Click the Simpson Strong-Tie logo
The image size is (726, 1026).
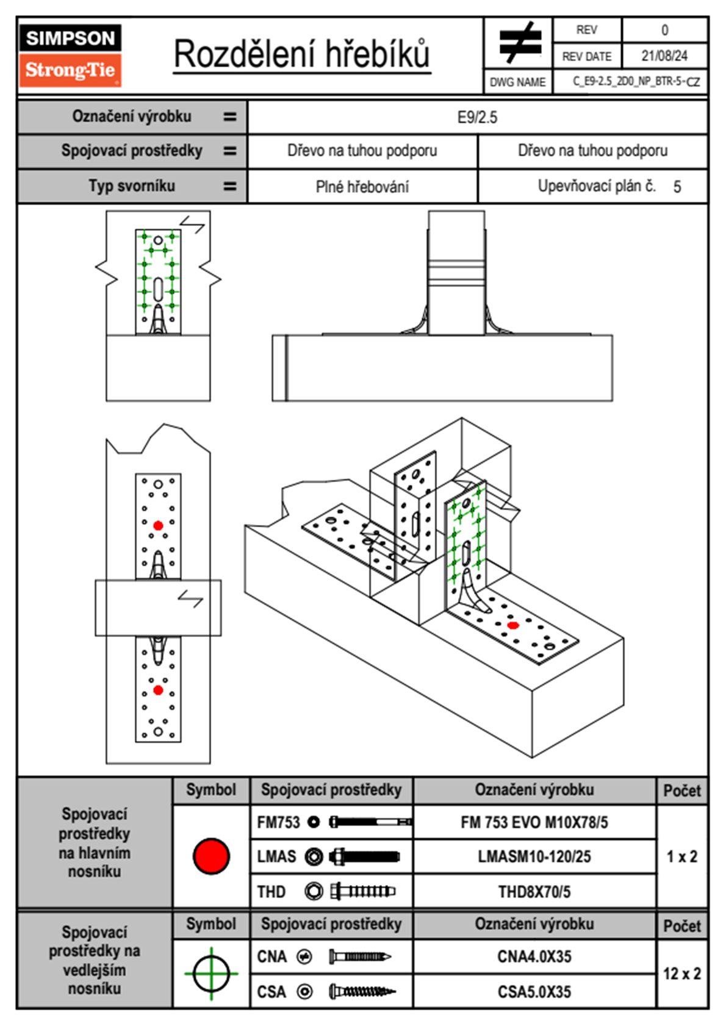[x=70, y=56]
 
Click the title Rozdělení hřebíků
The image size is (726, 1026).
[x=302, y=54]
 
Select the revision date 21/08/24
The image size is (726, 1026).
[x=664, y=56]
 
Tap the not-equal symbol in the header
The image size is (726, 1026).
[x=519, y=43]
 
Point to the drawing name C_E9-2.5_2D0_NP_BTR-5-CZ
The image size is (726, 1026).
[x=636, y=82]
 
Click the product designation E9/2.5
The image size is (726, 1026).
[x=477, y=117]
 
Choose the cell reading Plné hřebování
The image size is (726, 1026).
[x=362, y=187]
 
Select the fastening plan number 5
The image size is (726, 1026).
[x=677, y=187]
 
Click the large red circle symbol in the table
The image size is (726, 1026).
[x=211, y=856]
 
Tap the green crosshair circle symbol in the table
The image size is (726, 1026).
[x=211, y=974]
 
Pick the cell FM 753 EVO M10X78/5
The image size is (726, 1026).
[x=534, y=822]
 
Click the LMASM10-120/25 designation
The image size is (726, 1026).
[x=534, y=856]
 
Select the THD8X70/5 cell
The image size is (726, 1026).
[x=534, y=892]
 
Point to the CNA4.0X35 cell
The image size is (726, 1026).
[x=534, y=956]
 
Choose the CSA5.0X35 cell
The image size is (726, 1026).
[x=534, y=992]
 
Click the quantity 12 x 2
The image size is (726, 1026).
[x=681, y=974]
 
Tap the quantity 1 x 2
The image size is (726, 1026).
[x=681, y=856]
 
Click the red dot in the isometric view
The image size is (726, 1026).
[x=513, y=625]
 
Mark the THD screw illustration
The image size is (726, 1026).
[x=362, y=891]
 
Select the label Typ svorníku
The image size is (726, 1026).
[x=132, y=186]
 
